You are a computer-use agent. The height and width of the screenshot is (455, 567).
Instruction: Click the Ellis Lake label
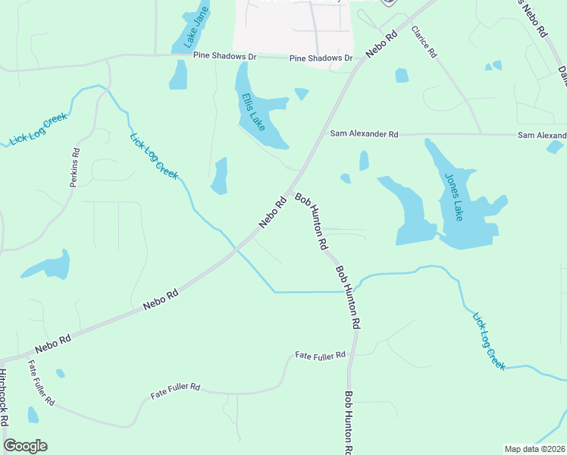(253, 111)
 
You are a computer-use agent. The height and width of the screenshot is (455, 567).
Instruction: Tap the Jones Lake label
(454, 196)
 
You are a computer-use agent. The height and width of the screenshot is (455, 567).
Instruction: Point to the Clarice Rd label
(424, 42)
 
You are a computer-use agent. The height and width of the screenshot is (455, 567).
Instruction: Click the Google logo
(25, 446)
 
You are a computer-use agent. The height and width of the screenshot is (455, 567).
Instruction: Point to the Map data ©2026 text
(534, 449)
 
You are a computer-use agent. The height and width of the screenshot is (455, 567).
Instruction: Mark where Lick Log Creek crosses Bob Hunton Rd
(351, 290)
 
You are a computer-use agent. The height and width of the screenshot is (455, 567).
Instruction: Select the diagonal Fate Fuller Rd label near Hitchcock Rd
(42, 381)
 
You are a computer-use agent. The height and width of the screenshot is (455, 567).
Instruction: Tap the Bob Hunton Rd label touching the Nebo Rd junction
(311, 221)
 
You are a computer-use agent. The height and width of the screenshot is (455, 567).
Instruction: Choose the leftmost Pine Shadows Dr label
(225, 56)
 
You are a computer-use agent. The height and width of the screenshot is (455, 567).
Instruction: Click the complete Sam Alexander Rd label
(364, 134)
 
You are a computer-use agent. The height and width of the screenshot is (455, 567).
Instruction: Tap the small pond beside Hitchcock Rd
(33, 414)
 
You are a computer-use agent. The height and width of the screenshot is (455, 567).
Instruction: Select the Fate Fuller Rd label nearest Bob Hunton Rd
(320, 355)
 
